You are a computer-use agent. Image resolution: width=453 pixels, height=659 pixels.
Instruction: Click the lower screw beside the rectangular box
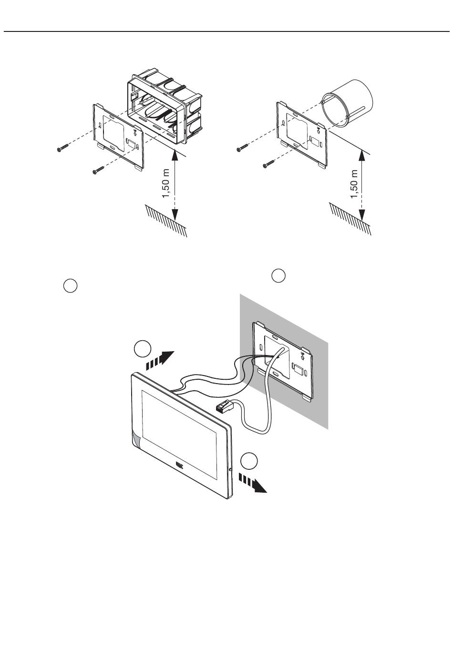tap(98, 170)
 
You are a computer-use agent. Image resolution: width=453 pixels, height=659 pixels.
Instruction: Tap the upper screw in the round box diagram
tap(243, 149)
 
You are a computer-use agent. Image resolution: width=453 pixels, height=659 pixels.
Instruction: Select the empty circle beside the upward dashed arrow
tap(141, 349)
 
